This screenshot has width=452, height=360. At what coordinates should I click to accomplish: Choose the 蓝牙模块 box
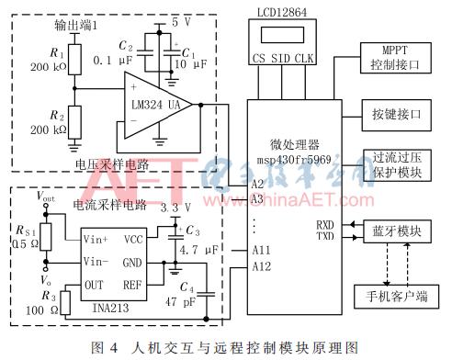click(395, 231)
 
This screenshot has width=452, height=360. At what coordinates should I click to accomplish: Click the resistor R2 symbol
click(65, 121)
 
